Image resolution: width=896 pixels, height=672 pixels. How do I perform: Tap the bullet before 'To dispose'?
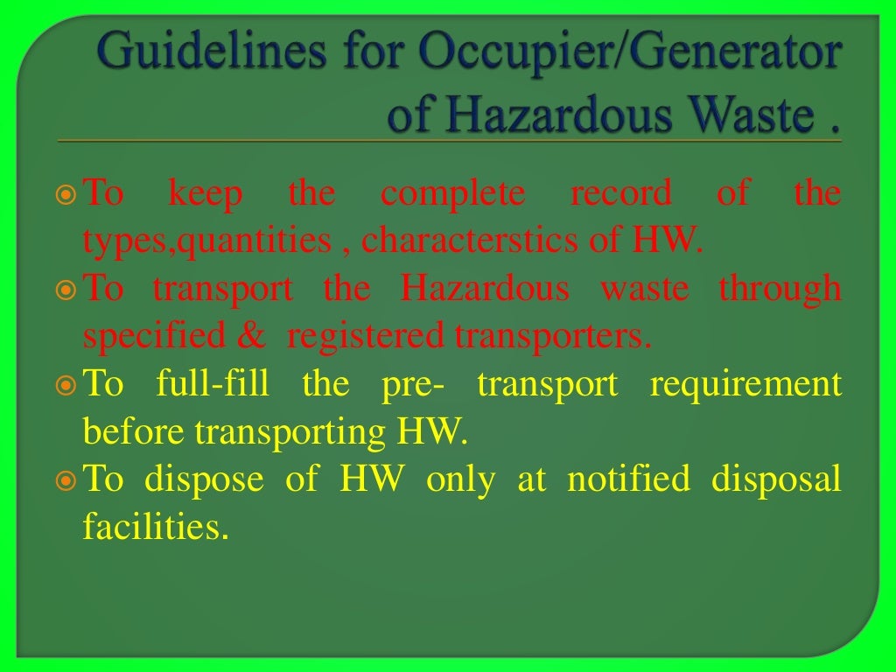coord(67,480)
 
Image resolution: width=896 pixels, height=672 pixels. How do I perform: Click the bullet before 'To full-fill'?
coord(67,385)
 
